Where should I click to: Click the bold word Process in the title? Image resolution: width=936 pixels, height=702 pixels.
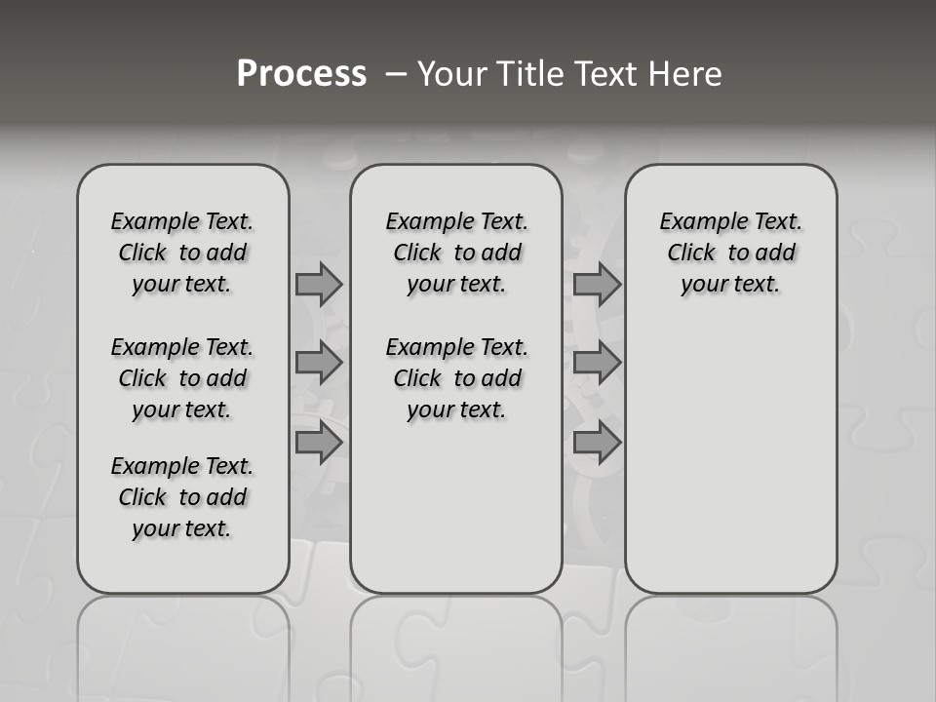[301, 73]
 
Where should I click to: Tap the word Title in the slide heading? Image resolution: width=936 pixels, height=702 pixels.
[527, 74]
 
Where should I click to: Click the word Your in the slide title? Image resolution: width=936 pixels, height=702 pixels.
[452, 74]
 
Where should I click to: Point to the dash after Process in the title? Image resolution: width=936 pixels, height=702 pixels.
[395, 74]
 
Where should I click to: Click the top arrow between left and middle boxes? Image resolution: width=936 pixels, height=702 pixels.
[319, 284]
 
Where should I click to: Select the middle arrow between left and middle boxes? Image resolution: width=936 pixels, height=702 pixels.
[319, 363]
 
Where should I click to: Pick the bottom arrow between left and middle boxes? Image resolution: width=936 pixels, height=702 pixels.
[319, 442]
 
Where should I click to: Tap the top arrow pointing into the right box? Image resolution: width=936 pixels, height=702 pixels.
[597, 284]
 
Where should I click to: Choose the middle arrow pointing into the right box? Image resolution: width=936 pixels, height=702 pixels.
[597, 363]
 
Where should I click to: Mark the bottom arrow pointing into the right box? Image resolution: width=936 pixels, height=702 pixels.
[597, 442]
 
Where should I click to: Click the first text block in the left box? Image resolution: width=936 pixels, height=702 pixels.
[182, 253]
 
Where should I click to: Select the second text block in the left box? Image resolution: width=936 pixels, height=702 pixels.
[182, 378]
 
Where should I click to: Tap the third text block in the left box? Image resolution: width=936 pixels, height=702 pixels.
[182, 497]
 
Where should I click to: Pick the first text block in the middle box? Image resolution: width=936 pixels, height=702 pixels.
[456, 253]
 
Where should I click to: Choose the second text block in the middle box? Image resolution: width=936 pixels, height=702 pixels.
[456, 378]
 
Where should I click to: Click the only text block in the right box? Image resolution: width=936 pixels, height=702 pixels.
[731, 253]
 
